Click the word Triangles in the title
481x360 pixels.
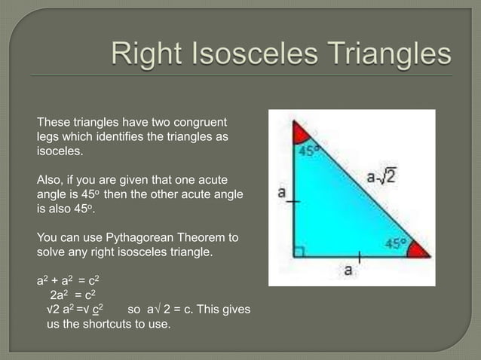pos(390,55)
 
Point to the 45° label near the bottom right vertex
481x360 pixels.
pos(396,243)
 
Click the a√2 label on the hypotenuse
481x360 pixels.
pos(381,178)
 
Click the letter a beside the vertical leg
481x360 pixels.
pos(281,193)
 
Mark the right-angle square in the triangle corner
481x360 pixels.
pos(299,252)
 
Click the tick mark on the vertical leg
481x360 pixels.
pos(294,202)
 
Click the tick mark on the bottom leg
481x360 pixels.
pos(360,258)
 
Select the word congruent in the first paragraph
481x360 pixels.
pos(200,123)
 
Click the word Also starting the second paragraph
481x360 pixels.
pos(51,180)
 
